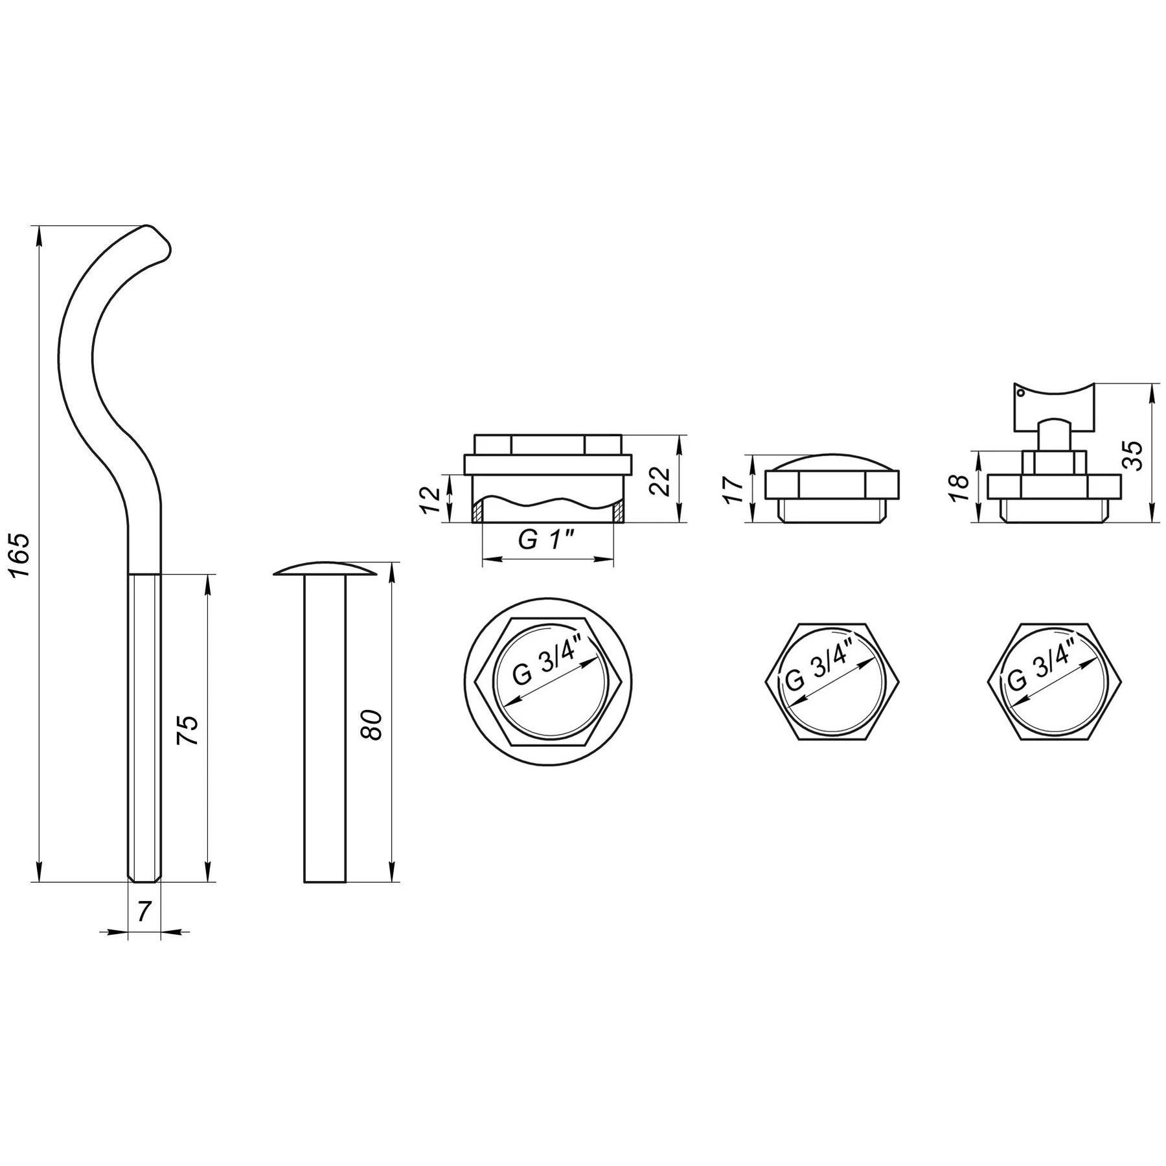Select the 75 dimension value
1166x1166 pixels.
point(187,731)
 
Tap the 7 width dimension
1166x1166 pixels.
point(144,911)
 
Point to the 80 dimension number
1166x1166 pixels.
point(374,724)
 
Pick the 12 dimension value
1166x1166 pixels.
point(430,499)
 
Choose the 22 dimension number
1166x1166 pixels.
point(660,479)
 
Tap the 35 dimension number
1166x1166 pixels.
point(1133,455)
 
